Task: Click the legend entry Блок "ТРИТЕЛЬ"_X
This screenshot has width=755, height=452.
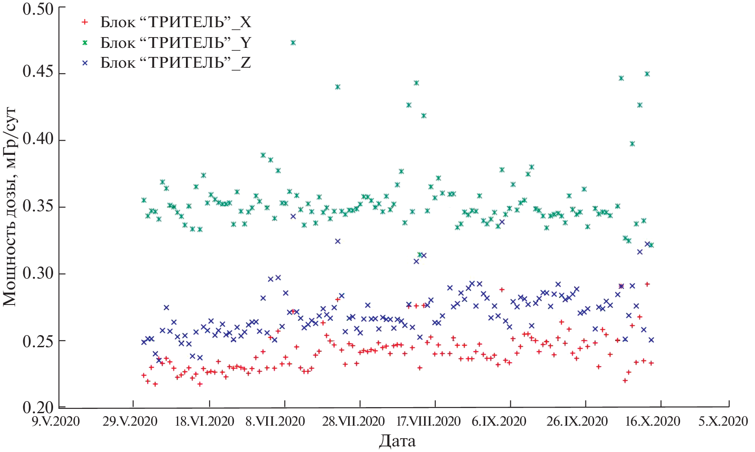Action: [176, 22]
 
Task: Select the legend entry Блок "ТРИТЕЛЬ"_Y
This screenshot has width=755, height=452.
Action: [176, 42]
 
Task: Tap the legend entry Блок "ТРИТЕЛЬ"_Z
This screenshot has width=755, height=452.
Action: [176, 63]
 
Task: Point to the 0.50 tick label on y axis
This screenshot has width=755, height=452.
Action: [38, 9]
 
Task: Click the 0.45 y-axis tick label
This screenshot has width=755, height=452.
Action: [38, 72]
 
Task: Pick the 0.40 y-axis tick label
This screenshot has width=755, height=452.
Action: [38, 139]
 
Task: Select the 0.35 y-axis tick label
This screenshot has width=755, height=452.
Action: [38, 206]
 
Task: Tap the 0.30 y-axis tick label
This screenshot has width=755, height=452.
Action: [38, 273]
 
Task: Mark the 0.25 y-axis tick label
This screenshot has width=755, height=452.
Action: [38, 340]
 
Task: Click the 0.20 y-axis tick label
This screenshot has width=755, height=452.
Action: [38, 407]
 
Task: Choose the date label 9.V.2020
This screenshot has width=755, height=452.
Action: [56, 421]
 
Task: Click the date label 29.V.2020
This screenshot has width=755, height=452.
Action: [130, 421]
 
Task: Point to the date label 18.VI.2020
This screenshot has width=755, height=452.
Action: [204, 421]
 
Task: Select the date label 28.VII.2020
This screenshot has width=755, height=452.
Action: [353, 421]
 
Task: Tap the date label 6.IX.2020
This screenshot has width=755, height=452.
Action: [499, 421]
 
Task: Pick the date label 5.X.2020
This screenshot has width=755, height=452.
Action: [723, 421]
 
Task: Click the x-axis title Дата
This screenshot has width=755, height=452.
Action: [397, 441]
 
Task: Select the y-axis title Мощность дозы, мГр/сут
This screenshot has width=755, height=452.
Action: [10, 207]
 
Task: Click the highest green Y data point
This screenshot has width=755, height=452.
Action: [293, 43]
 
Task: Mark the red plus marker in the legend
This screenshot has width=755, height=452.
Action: [85, 22]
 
